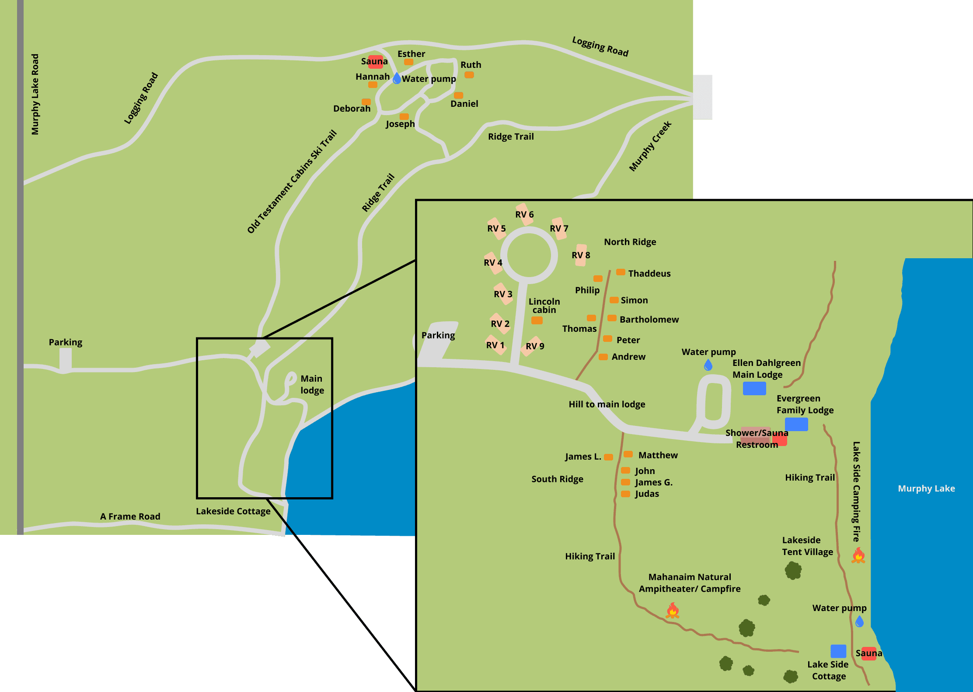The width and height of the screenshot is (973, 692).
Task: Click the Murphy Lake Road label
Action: coord(35,94)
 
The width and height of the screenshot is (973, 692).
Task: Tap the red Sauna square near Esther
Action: coord(375,62)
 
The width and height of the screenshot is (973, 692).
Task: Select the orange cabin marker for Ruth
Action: coord(469,75)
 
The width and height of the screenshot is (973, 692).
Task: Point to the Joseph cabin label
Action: coord(400,124)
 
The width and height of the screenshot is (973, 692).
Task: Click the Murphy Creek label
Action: coord(650,146)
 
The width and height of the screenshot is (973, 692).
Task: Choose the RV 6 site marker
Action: coord(524,214)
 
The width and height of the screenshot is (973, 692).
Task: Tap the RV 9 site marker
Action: coord(534,346)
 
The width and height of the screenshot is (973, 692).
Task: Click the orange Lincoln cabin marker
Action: coord(537,320)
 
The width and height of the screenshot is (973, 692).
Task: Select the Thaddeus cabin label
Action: coord(649,274)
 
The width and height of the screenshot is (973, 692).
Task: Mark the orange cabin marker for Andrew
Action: coord(603,357)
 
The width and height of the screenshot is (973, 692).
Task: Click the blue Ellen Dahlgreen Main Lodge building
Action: coord(754,388)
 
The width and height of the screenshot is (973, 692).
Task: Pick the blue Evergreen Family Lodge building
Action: coord(796,424)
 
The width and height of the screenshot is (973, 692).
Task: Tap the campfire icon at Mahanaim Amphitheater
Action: coord(673,610)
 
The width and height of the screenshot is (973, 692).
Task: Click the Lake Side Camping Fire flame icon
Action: coord(858,555)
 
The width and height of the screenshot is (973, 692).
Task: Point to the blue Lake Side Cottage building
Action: coord(838,651)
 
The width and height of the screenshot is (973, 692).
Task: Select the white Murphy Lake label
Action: coord(926,488)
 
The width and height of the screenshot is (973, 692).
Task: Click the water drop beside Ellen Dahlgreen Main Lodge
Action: coord(708,365)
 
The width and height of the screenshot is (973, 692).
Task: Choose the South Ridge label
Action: coord(557,479)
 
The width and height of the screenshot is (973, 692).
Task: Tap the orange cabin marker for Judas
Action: coord(626,494)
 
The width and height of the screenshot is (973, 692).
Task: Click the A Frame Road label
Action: coord(130,516)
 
